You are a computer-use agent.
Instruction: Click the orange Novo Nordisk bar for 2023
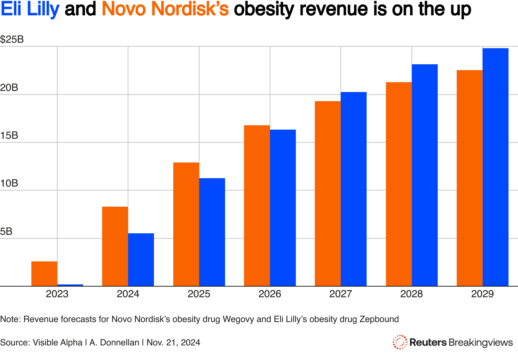tap(44, 274)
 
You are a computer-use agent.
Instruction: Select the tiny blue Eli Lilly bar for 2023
tap(70, 285)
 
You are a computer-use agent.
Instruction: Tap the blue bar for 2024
tap(141, 260)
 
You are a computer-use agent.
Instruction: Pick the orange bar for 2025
tap(186, 224)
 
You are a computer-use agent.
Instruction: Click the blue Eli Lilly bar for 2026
tap(283, 208)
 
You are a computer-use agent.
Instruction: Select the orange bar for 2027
tap(328, 194)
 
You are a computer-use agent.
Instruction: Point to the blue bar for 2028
tap(425, 175)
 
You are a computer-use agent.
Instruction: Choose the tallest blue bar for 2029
tap(495, 167)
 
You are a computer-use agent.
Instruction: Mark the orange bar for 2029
tap(469, 178)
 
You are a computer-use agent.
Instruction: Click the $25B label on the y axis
tap(12, 39)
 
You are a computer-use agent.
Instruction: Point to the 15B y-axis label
tap(9, 135)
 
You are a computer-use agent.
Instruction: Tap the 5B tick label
tap(6, 231)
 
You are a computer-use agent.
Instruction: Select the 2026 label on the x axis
tap(270, 294)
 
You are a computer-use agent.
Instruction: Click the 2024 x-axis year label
tap(128, 294)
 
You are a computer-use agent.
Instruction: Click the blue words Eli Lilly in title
tap(30, 9)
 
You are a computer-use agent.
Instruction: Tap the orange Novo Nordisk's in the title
tap(165, 9)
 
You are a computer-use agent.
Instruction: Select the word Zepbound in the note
tap(379, 319)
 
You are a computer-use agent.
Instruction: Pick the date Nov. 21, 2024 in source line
tap(173, 342)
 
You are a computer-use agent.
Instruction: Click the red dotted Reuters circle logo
tap(400, 342)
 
